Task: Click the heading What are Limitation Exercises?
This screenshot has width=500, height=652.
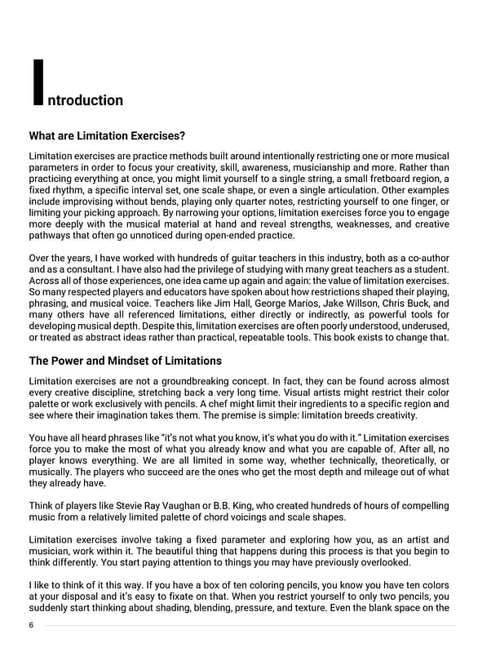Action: (107, 135)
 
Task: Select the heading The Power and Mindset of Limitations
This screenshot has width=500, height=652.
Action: (125, 360)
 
